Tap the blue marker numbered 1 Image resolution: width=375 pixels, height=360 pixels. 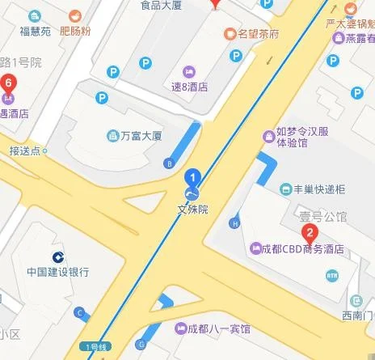192,175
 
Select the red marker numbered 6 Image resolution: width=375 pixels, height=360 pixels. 9,83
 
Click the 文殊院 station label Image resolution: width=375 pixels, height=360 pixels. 192,209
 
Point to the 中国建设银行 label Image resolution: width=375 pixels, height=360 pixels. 57,271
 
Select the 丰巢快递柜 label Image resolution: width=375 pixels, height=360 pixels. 318,189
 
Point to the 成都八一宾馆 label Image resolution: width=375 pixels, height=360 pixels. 219,329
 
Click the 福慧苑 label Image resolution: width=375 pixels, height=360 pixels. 36,32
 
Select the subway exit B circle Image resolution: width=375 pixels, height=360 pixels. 169,163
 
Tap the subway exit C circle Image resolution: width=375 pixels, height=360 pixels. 79,312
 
